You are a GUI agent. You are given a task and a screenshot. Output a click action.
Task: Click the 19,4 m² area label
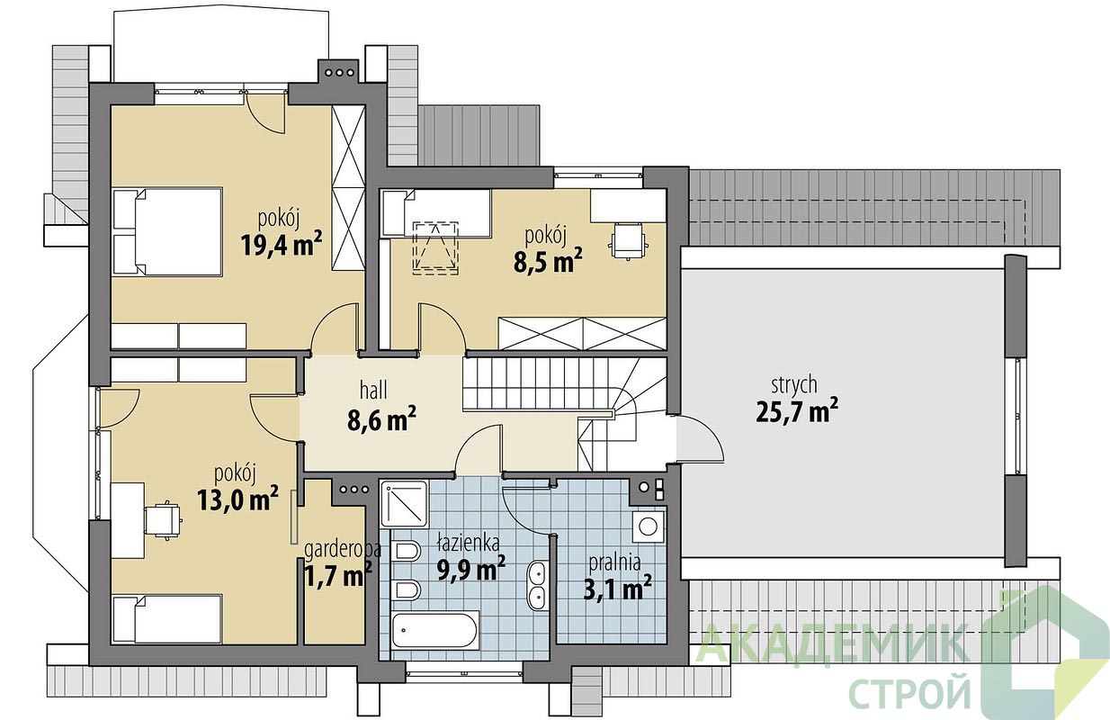pyautogui.click(x=282, y=245)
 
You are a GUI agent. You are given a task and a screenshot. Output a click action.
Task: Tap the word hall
pyautogui.click(x=373, y=391)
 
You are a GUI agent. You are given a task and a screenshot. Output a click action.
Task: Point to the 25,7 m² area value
pyautogui.click(x=797, y=410)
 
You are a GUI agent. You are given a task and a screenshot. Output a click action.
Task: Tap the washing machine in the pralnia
pyautogui.click(x=649, y=527)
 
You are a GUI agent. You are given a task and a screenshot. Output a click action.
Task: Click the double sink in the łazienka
pyautogui.click(x=537, y=586)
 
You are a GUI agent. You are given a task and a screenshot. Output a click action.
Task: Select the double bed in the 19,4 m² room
pyautogui.click(x=167, y=231)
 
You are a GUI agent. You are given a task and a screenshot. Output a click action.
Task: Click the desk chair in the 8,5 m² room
pyautogui.click(x=628, y=240)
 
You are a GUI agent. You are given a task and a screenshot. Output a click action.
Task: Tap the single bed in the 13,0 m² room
pyautogui.click(x=166, y=620)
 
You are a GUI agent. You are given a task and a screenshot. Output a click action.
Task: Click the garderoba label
pyautogui.click(x=343, y=549)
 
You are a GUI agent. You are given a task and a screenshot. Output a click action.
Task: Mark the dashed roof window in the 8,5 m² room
pyautogui.click(x=435, y=247)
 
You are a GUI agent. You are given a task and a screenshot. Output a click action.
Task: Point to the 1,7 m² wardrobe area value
pyautogui.click(x=337, y=575)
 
